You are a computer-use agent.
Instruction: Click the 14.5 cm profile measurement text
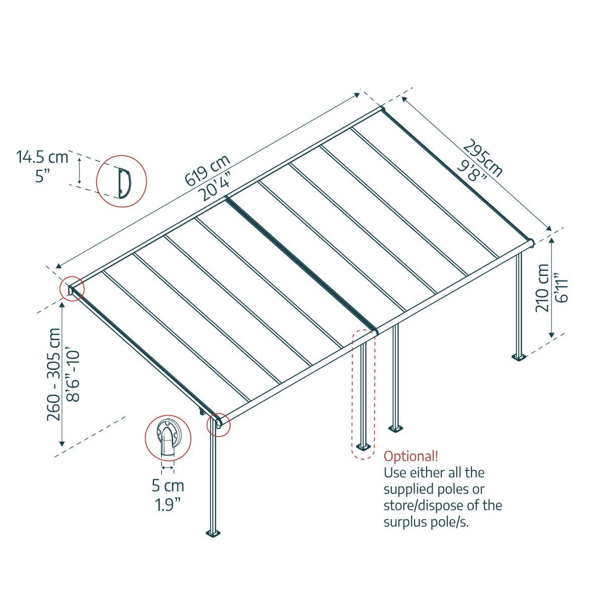point(42,157)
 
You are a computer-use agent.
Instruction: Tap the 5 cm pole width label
point(168,486)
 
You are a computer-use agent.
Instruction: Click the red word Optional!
point(411,456)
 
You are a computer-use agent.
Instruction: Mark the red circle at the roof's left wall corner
point(72,289)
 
